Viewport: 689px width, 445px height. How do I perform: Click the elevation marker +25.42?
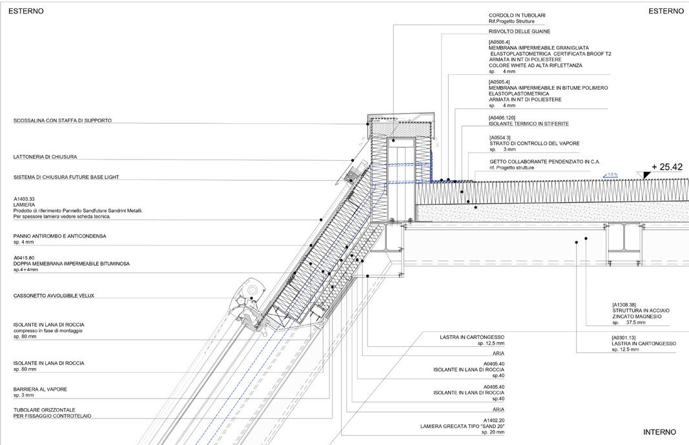667,167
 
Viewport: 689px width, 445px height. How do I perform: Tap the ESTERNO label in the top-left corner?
26,11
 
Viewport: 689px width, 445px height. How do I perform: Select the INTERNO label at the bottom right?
659,432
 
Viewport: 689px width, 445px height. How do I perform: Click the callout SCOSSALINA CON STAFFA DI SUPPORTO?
63,121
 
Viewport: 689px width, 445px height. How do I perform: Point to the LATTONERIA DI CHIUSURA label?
45,157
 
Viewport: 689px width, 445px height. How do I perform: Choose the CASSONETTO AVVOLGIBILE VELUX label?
54,296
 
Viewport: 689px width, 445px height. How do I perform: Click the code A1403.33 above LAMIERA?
25,199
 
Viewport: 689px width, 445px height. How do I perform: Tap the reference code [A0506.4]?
499,42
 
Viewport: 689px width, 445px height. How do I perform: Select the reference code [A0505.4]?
499,82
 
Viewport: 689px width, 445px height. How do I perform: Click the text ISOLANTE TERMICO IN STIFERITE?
529,123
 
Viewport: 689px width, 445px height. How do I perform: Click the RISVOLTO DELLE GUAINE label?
519,31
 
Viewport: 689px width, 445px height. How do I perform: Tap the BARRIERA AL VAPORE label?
40,389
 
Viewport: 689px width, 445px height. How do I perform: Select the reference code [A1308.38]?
624,305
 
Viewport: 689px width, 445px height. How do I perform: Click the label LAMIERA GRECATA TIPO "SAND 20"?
462,426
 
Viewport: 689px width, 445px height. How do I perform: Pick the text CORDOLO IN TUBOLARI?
517,16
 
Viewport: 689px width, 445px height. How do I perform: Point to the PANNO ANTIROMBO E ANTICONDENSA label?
59,236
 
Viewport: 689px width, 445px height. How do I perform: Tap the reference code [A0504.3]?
500,138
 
